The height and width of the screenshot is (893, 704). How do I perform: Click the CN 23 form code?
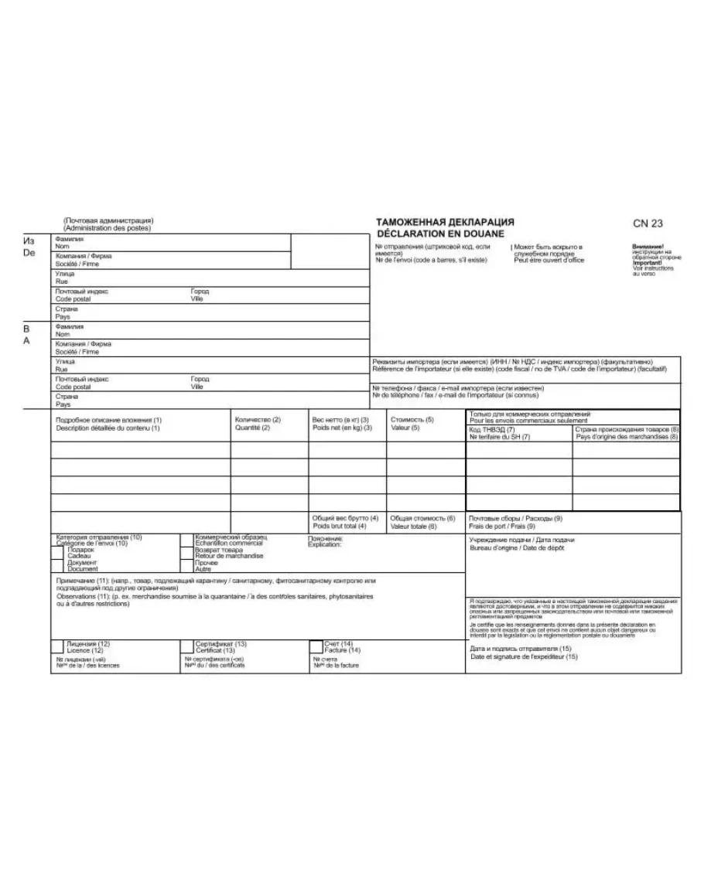coord(648,223)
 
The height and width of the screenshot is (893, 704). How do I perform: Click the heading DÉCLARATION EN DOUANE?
coord(439,233)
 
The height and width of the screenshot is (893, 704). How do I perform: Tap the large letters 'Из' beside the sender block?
coord(28,241)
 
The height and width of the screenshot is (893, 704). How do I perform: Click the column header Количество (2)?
coord(257,420)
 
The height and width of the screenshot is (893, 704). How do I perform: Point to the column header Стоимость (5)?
coord(412,420)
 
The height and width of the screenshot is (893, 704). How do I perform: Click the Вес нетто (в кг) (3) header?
coord(340,420)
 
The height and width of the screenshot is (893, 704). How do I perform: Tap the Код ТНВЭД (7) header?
coord(492,429)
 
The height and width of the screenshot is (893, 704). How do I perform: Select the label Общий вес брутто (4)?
coord(344,518)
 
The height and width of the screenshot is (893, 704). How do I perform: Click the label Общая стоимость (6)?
coord(422,518)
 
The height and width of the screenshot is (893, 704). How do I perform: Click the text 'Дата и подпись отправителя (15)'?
coord(520,649)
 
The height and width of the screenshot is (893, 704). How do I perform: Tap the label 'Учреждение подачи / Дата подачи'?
coord(522,540)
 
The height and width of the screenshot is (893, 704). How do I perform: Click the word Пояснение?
coord(325,538)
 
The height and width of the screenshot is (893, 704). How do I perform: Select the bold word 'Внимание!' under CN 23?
coord(648,247)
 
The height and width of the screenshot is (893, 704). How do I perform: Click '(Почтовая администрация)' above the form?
coord(108,220)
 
